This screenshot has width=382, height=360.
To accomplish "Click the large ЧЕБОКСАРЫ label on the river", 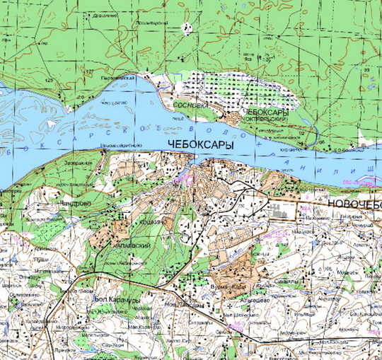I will coord(201,144).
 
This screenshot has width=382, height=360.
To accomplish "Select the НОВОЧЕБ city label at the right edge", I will coord(354,203).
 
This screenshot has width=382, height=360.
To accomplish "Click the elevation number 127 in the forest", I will coord(89,72).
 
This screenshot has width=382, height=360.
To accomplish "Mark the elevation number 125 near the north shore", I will coord(49,83).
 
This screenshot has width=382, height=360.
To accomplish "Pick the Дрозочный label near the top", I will coord(104,13).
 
